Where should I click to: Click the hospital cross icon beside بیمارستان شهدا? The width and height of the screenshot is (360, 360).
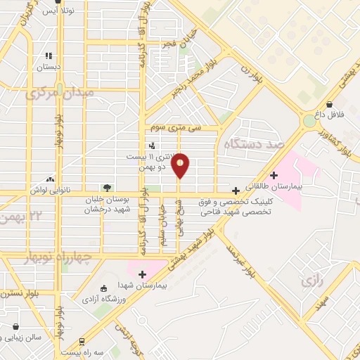coord(142,274)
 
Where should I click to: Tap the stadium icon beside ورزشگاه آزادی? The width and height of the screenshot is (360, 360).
coord(104,288)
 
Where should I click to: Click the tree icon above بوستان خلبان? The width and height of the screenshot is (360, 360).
coord(107,187)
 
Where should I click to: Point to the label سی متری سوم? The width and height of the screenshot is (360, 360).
coord(176,128)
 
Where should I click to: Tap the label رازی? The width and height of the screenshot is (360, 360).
coord(311,281)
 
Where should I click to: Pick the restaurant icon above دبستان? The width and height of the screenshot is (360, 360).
coord(49,56)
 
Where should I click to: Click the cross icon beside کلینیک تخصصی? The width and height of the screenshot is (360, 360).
coord(236,190)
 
